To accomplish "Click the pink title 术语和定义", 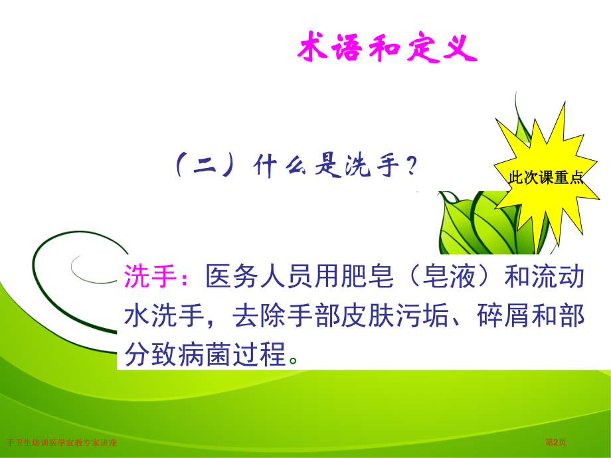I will (386, 50).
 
